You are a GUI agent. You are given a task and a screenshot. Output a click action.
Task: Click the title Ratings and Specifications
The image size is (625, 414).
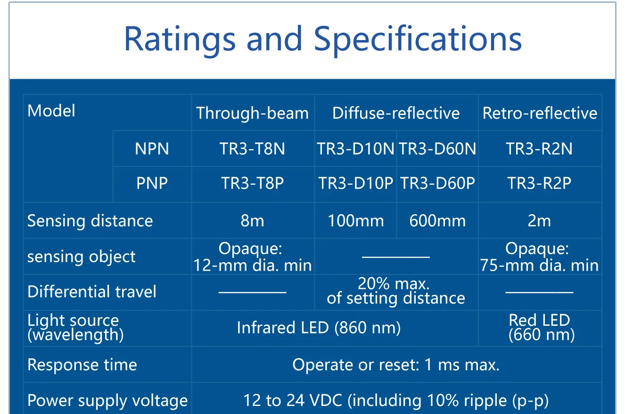(323, 39)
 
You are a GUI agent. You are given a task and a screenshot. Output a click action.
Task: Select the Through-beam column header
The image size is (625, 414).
(253, 113)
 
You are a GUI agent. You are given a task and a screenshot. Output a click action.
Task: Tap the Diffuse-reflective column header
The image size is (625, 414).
(396, 113)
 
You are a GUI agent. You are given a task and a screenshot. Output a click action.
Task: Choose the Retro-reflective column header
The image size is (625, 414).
(540, 113)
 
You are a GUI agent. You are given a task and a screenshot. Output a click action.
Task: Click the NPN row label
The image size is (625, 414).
(152, 149)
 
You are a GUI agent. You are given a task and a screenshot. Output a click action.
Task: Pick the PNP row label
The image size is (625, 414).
(152, 183)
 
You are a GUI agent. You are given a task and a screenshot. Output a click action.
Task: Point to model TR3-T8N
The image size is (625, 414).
(252, 149)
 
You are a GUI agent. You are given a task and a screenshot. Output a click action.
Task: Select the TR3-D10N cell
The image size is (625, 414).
(355, 149)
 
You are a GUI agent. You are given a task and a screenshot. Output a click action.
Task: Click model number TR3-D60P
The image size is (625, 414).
(437, 183)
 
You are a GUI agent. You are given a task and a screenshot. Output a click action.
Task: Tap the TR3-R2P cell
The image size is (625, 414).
(539, 183)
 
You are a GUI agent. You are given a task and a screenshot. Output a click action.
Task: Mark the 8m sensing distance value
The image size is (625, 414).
(252, 221)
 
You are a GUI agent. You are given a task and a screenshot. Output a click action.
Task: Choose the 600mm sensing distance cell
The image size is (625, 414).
(437, 221)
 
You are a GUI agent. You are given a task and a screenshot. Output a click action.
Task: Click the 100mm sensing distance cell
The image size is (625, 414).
(356, 221)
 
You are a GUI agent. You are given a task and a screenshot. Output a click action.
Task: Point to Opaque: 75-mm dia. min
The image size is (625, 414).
(539, 257)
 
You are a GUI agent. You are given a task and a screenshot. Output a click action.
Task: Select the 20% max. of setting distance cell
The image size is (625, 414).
(396, 291)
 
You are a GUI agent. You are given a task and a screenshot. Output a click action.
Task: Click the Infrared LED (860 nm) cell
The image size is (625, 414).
(319, 328)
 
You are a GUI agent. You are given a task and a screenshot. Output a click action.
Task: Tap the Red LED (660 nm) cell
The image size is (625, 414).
(541, 327)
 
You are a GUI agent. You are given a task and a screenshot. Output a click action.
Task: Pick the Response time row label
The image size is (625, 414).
(82, 364)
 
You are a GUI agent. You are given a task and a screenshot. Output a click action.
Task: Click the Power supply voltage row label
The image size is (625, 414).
(107, 401)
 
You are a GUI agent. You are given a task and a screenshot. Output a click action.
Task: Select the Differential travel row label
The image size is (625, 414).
(92, 292)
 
